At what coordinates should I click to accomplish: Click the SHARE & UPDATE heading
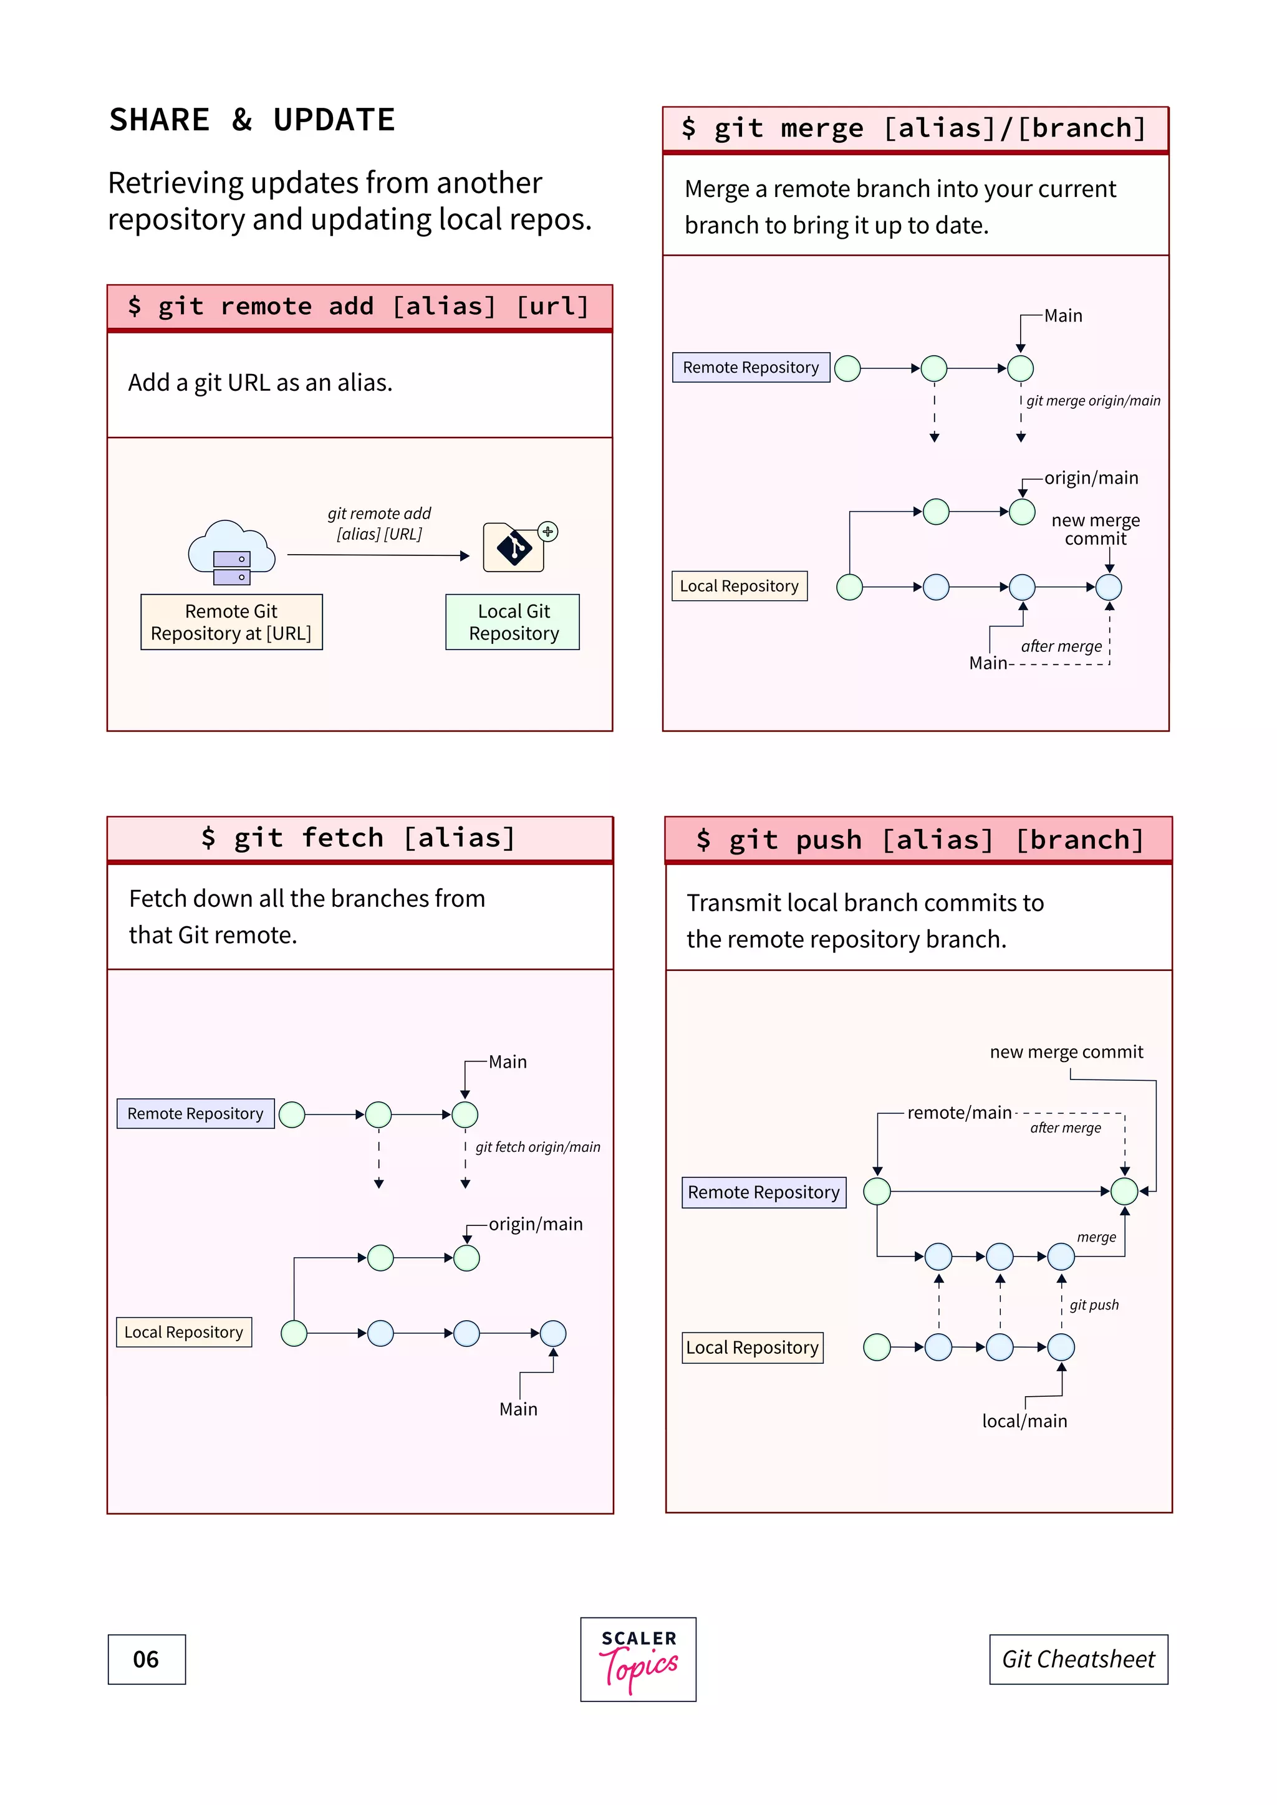(252, 120)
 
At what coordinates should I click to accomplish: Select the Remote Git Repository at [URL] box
(231, 622)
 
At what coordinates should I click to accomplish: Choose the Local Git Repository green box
(513, 622)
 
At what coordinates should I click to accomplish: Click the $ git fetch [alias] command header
(359, 838)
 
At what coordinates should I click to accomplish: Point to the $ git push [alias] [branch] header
(918, 840)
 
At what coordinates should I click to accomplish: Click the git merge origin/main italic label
(1093, 401)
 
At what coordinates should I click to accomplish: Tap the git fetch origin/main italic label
(538, 1147)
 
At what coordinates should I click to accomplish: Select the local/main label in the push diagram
(1024, 1420)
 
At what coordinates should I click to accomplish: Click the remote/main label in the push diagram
(960, 1113)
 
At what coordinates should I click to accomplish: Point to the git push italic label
(1094, 1305)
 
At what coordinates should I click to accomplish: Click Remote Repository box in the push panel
(764, 1192)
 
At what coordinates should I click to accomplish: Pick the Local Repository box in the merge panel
(739, 586)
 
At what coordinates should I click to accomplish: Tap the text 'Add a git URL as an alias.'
(260, 383)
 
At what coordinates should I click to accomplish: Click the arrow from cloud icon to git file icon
(377, 555)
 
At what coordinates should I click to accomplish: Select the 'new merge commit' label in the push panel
(1066, 1052)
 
